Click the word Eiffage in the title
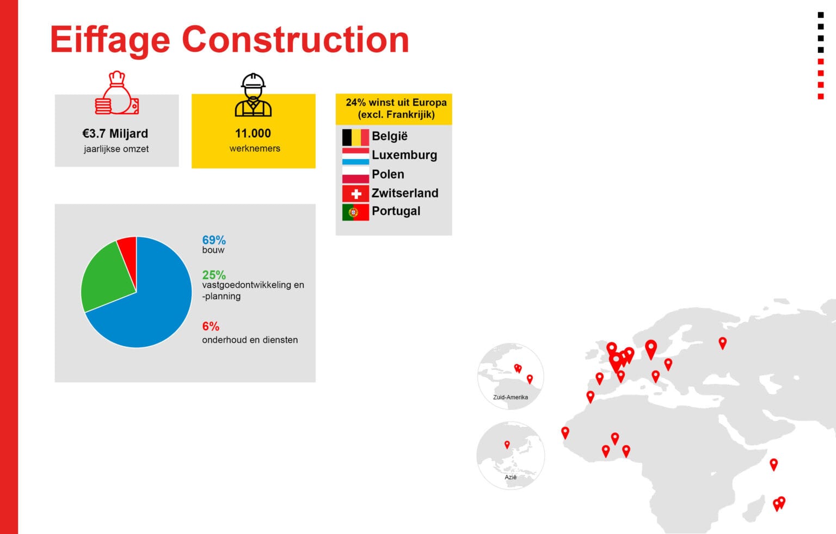coord(110,40)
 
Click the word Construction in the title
coord(296,40)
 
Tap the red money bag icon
coord(117,93)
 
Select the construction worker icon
coord(253,95)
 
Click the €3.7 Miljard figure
coord(115,133)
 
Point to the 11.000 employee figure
coord(253,133)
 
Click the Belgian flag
coord(355,137)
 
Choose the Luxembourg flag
coord(355,156)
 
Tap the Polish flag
coord(355,175)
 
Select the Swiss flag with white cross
coord(355,194)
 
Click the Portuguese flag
coord(355,212)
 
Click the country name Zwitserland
coord(405,193)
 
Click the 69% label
coord(214,240)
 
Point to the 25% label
coord(214,275)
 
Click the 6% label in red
coord(211,327)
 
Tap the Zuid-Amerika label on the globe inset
coord(510,397)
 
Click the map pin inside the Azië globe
coord(507,444)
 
